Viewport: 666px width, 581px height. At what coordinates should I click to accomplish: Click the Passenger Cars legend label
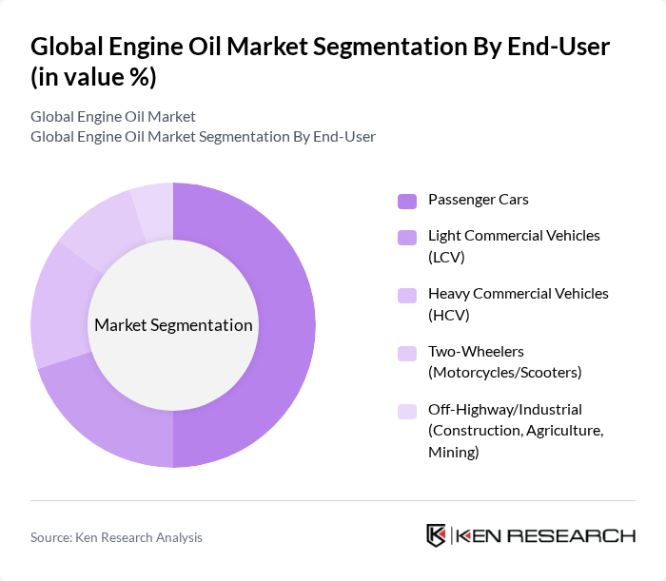pyautogui.click(x=478, y=200)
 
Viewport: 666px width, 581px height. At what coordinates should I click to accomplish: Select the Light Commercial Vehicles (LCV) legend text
pyautogui.click(x=514, y=246)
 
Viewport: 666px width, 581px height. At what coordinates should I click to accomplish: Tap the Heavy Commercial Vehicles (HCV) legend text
pyautogui.click(x=519, y=304)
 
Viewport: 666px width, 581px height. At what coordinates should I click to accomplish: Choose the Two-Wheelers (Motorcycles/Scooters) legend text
pyautogui.click(x=504, y=362)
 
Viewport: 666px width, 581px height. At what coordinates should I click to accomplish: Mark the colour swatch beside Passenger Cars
pyautogui.click(x=407, y=201)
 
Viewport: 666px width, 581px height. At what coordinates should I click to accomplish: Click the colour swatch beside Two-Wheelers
pyautogui.click(x=407, y=354)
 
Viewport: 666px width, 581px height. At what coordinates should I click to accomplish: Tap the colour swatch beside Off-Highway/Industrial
pyautogui.click(x=407, y=412)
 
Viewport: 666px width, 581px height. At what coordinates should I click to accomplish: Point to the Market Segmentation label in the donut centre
pyautogui.click(x=173, y=325)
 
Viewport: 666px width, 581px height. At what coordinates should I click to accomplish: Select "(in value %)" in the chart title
pyautogui.click(x=93, y=78)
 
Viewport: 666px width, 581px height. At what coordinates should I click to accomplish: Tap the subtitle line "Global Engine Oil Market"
pyautogui.click(x=113, y=117)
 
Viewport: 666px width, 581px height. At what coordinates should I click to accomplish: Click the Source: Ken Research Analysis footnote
pyautogui.click(x=116, y=537)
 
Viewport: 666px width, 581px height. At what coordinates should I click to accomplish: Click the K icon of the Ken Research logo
pyautogui.click(x=437, y=535)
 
